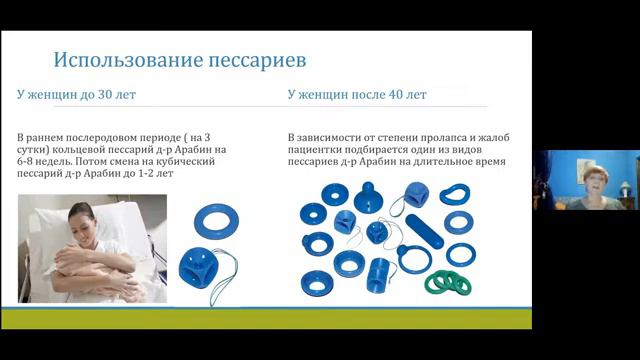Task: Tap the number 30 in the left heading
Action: [x=102, y=95]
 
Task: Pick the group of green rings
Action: [x=447, y=282]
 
